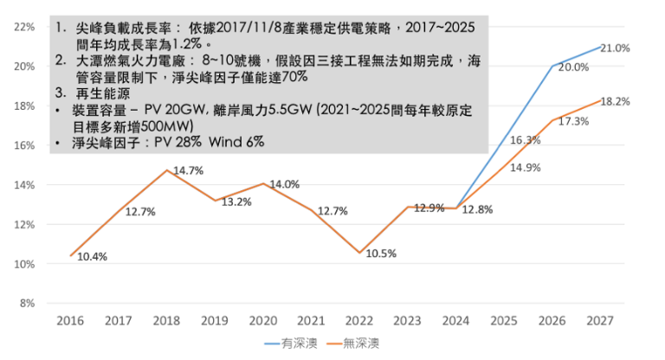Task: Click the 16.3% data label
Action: click(526, 139)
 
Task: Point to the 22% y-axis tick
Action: click(24, 27)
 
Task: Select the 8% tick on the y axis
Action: click(28, 303)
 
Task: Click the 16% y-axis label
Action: click(24, 145)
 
